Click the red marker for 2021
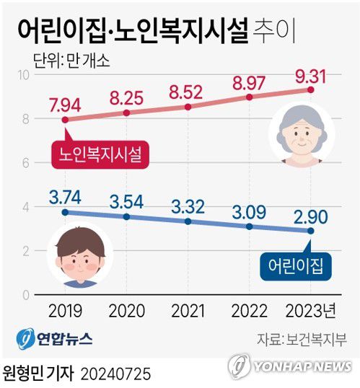click(188, 107)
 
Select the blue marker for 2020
click(127, 216)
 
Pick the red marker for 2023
click(310, 89)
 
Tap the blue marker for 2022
click(250, 226)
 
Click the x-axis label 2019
click(65, 312)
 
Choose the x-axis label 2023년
click(310, 312)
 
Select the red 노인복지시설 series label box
click(95, 154)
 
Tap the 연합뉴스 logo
click(56, 338)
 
